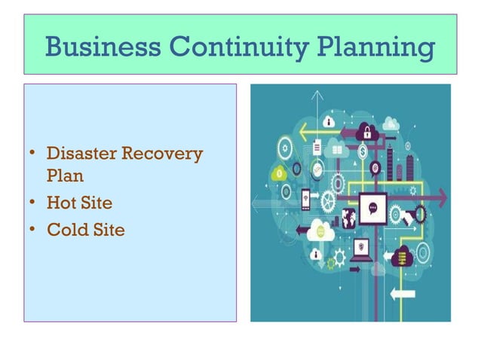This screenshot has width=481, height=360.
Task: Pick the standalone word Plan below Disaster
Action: click(x=65, y=178)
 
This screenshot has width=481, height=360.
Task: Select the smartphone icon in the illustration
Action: click(x=305, y=200)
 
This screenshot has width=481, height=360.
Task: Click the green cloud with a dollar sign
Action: click(x=280, y=174)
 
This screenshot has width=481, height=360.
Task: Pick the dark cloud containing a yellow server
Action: click(x=402, y=257)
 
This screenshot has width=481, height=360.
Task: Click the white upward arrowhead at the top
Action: click(x=317, y=97)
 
